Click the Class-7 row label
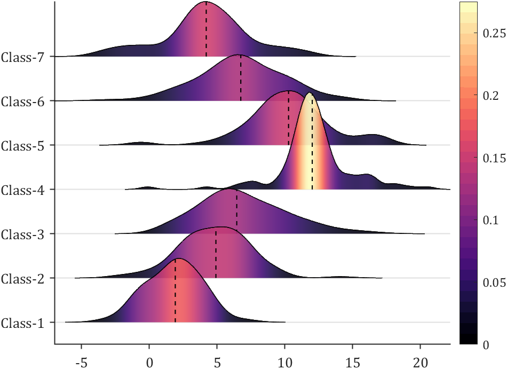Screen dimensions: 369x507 point(26,56)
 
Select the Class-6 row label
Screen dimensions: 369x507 point(26,100)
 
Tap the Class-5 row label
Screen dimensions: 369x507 point(26,145)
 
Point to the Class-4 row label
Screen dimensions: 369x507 point(26,189)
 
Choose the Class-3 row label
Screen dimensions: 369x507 point(26,233)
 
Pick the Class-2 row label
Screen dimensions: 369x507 point(26,278)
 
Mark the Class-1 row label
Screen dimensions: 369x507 point(26,323)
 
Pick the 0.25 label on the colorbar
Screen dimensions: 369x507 point(494,33)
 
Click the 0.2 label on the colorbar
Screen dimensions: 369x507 point(490,95)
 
